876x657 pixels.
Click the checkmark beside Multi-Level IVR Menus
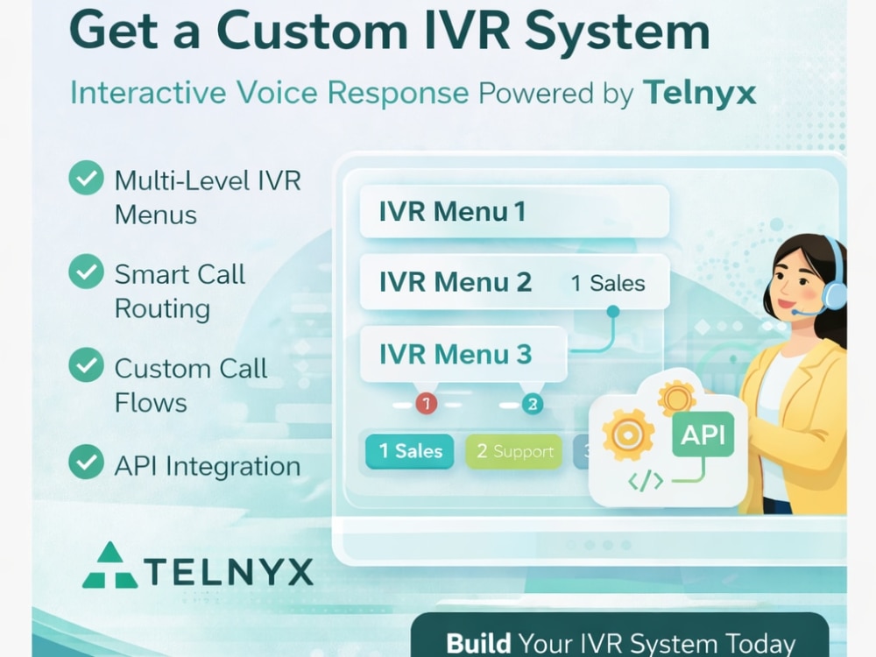tap(86, 178)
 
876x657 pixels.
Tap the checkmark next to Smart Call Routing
tap(86, 272)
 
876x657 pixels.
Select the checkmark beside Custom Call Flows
tap(86, 364)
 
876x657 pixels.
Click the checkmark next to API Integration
tap(86, 462)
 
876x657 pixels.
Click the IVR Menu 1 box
tap(514, 212)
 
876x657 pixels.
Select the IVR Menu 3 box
tap(463, 354)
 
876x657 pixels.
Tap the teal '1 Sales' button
tap(409, 451)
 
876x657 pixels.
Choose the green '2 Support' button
tap(514, 451)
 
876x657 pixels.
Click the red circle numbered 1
tap(427, 403)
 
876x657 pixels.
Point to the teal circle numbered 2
tap(532, 403)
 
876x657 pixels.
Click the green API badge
tap(703, 434)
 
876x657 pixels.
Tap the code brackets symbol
tap(646, 480)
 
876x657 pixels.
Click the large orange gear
tap(628, 434)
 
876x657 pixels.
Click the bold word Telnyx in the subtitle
tap(699, 92)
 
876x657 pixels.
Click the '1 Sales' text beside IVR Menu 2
tap(608, 283)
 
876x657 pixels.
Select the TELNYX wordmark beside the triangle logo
tap(229, 572)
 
